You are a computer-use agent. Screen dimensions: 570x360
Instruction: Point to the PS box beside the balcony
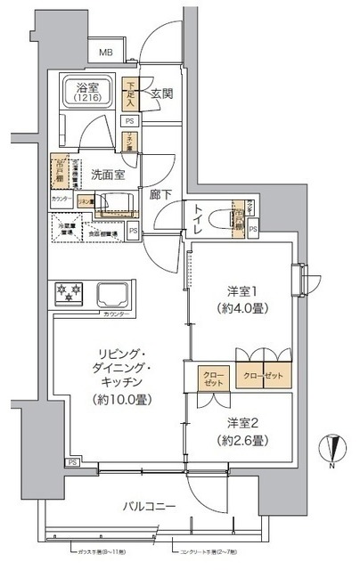coord(70,463)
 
